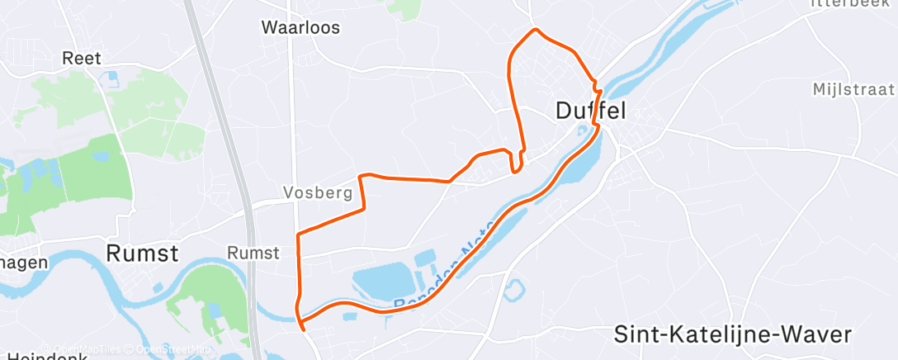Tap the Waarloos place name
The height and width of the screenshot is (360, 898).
[x=300, y=27]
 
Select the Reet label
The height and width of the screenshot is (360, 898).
[x=82, y=58]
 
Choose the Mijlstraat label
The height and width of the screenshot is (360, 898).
[x=853, y=89]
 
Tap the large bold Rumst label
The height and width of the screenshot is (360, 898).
[x=142, y=253]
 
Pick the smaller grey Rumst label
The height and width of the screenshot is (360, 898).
[x=253, y=253]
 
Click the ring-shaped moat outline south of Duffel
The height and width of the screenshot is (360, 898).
[x=513, y=290]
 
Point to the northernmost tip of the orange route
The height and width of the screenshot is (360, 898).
[x=536, y=30]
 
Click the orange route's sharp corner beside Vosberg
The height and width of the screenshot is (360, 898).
[x=361, y=176]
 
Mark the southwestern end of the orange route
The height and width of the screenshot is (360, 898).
[x=305, y=329]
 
